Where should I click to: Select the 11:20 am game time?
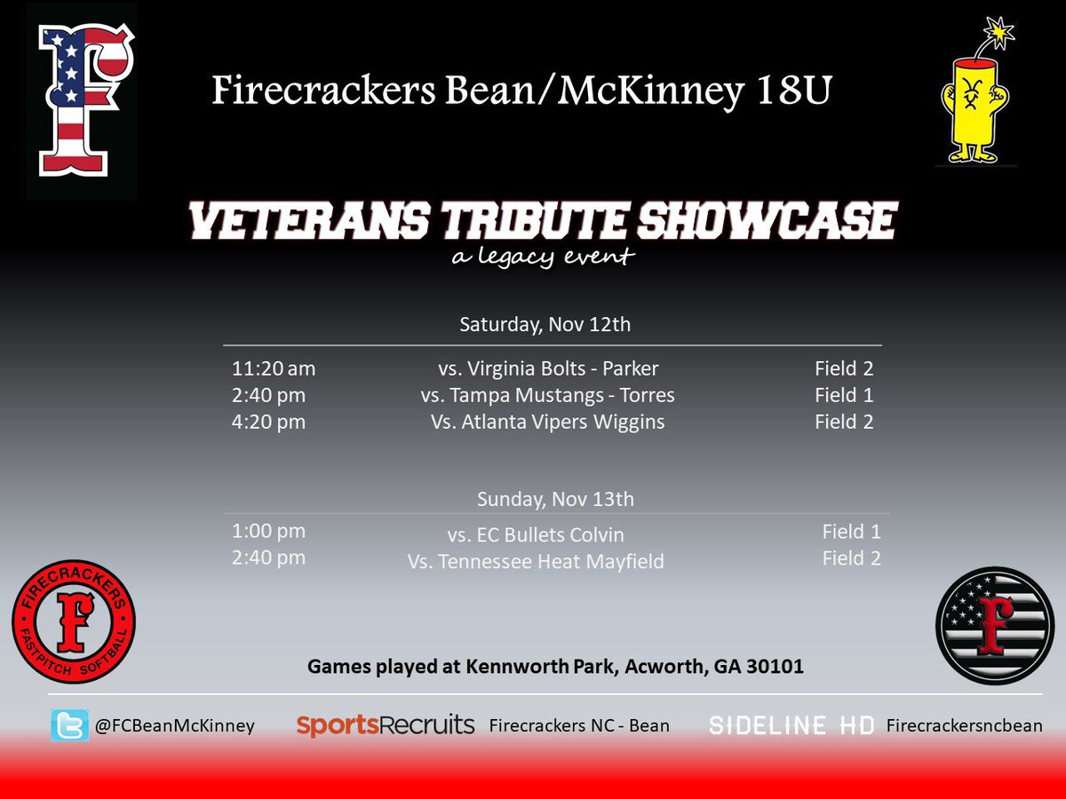(274, 368)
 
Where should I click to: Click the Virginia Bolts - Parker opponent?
(548, 368)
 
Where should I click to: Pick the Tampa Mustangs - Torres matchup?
(547, 395)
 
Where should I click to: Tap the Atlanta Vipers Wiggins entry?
(547, 423)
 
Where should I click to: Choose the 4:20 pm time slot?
(268, 423)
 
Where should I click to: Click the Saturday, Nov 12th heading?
(545, 324)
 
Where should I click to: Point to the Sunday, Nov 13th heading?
(555, 499)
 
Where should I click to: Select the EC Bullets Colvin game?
(536, 535)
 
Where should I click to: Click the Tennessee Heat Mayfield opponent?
(536, 562)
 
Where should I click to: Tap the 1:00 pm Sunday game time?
(268, 531)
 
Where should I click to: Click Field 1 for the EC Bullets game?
(851, 532)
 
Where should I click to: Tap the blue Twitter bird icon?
(69, 725)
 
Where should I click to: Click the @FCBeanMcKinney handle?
(173, 725)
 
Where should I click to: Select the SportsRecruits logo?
(385, 725)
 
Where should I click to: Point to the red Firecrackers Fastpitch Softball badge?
(74, 621)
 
